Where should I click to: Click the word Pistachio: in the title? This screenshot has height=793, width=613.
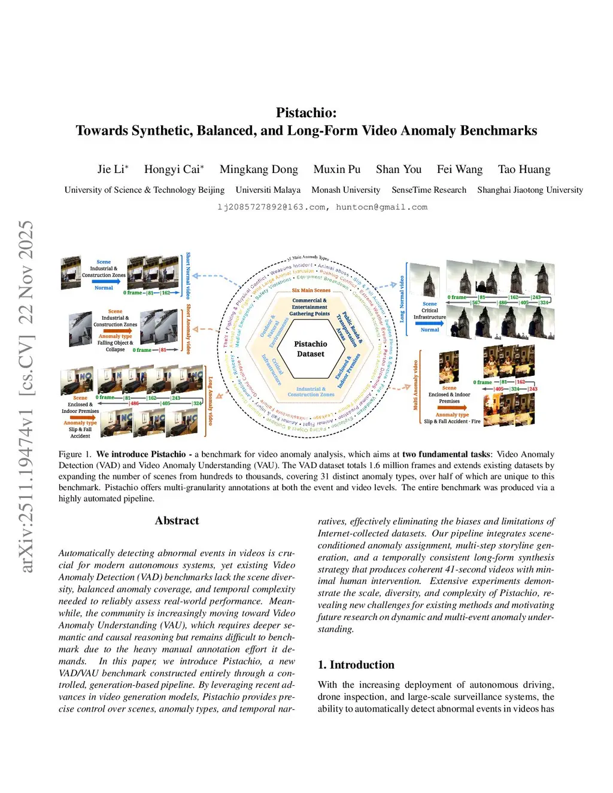click(x=306, y=113)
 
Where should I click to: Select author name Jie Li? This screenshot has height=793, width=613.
click(x=113, y=169)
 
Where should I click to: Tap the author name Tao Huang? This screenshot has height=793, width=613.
click(x=524, y=169)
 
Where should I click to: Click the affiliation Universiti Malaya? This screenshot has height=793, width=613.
click(x=268, y=190)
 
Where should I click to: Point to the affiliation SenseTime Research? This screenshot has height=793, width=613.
click(x=429, y=190)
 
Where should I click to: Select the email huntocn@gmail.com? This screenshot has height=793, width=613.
click(x=381, y=207)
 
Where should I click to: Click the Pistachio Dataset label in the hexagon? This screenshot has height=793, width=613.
click(x=311, y=349)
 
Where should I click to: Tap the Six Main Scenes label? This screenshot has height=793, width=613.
click(x=311, y=290)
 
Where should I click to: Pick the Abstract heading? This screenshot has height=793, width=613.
click(x=177, y=521)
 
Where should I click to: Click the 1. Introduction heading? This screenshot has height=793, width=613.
click(x=356, y=665)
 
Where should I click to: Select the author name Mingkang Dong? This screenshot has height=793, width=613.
click(x=259, y=169)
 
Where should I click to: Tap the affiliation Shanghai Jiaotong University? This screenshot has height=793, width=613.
click(x=530, y=190)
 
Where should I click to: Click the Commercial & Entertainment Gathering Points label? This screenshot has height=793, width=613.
click(x=309, y=307)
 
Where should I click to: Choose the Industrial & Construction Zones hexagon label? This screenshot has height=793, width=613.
click(x=311, y=391)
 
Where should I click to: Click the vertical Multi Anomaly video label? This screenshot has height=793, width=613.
click(x=415, y=385)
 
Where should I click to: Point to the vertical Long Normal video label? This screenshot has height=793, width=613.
click(x=402, y=299)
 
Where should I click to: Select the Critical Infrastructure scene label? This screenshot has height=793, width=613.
click(x=429, y=313)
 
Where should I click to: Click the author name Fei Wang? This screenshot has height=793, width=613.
click(x=460, y=169)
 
